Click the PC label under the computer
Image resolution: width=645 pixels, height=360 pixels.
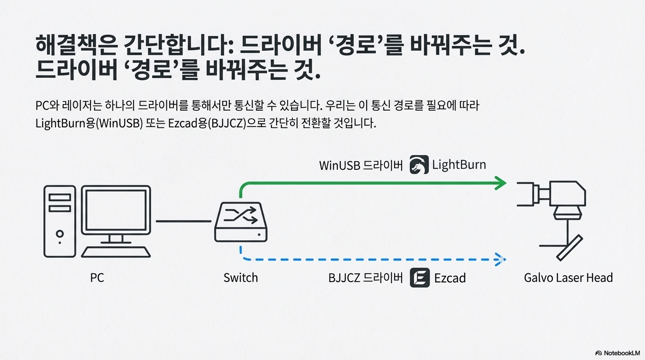(x=97, y=278)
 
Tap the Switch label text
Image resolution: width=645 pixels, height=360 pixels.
(x=240, y=277)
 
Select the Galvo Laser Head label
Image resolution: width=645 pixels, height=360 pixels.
(x=568, y=278)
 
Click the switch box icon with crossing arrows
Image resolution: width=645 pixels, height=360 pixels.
(x=240, y=223)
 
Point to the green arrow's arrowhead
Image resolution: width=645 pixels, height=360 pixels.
(x=501, y=183)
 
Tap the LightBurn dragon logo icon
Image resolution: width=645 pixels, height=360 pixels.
(x=419, y=165)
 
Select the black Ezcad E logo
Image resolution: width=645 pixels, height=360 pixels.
(x=420, y=277)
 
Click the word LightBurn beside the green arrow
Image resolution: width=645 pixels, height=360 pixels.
(x=459, y=165)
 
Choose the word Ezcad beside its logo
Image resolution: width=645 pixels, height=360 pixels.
(x=450, y=278)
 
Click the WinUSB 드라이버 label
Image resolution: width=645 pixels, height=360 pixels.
(x=361, y=165)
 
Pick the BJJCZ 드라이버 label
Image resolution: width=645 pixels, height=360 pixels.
(x=366, y=278)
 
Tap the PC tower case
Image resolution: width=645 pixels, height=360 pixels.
(x=60, y=221)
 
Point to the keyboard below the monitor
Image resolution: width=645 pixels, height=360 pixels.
(x=116, y=251)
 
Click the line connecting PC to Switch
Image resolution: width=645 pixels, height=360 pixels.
(x=183, y=221)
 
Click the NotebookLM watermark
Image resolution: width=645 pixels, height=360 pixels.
(x=617, y=352)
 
